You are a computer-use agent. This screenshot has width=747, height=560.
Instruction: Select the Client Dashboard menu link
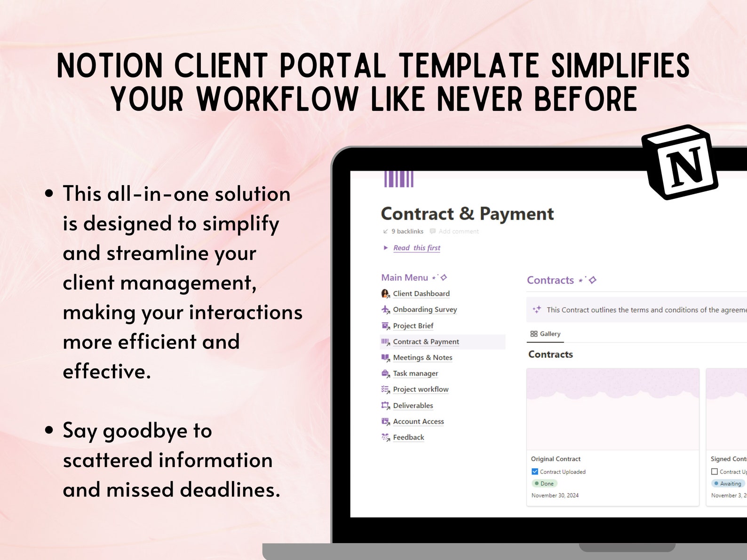click(x=421, y=294)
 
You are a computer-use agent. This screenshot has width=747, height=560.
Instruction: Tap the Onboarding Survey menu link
click(x=425, y=310)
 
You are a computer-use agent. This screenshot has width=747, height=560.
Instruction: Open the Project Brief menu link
click(x=413, y=326)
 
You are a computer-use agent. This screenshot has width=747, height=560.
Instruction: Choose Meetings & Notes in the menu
click(x=422, y=358)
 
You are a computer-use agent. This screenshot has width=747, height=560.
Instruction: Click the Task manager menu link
click(x=415, y=374)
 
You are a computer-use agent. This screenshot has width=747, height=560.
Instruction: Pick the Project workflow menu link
click(x=421, y=390)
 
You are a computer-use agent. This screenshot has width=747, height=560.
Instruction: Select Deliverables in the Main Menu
click(x=413, y=406)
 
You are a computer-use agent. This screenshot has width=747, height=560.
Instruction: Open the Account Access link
click(x=418, y=422)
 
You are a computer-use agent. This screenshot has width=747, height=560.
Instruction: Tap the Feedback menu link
click(x=408, y=438)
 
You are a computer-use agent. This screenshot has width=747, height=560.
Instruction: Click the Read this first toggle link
click(x=417, y=248)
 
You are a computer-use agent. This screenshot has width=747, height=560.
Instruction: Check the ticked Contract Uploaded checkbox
click(x=535, y=472)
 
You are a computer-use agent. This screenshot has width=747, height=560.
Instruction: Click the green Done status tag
click(x=545, y=484)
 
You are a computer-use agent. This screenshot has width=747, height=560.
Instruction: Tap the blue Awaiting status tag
click(x=728, y=484)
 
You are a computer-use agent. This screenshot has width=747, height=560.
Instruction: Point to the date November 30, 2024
click(x=555, y=496)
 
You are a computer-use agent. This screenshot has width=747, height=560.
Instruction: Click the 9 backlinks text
click(x=407, y=231)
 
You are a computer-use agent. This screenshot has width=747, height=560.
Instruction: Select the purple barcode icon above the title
click(x=398, y=179)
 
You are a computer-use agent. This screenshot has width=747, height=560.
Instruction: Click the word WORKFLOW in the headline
click(x=278, y=100)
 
